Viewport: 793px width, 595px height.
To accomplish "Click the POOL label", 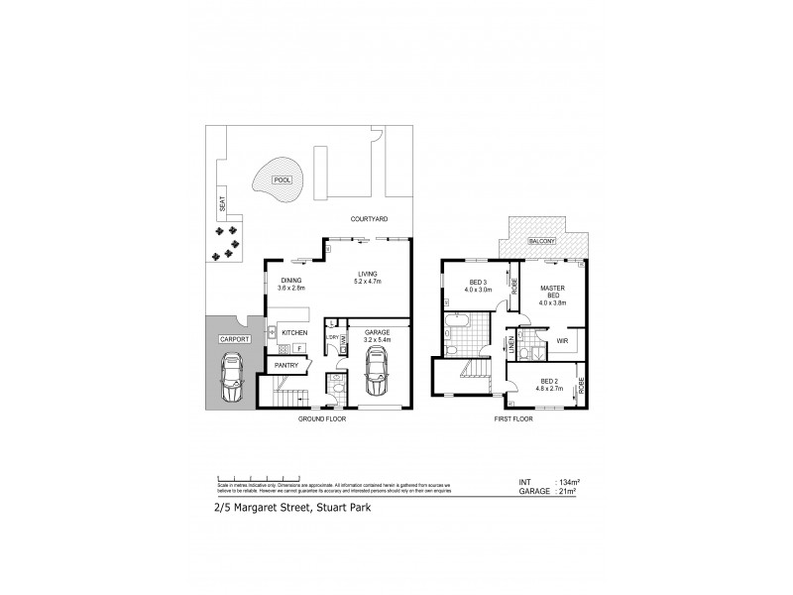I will click(x=282, y=180).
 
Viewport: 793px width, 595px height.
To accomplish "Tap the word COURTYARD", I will click(x=369, y=218).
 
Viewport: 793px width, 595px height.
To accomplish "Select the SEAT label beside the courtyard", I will click(x=222, y=206).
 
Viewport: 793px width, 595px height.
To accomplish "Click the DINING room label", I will click(x=290, y=280).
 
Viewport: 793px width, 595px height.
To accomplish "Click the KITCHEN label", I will click(x=295, y=332).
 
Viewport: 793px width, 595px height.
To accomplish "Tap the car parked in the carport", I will click(x=231, y=381).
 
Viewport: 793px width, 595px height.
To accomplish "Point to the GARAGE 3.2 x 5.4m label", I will click(x=378, y=336).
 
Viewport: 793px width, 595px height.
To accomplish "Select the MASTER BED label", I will click(x=552, y=293).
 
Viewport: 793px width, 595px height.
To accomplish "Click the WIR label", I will click(x=561, y=341).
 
